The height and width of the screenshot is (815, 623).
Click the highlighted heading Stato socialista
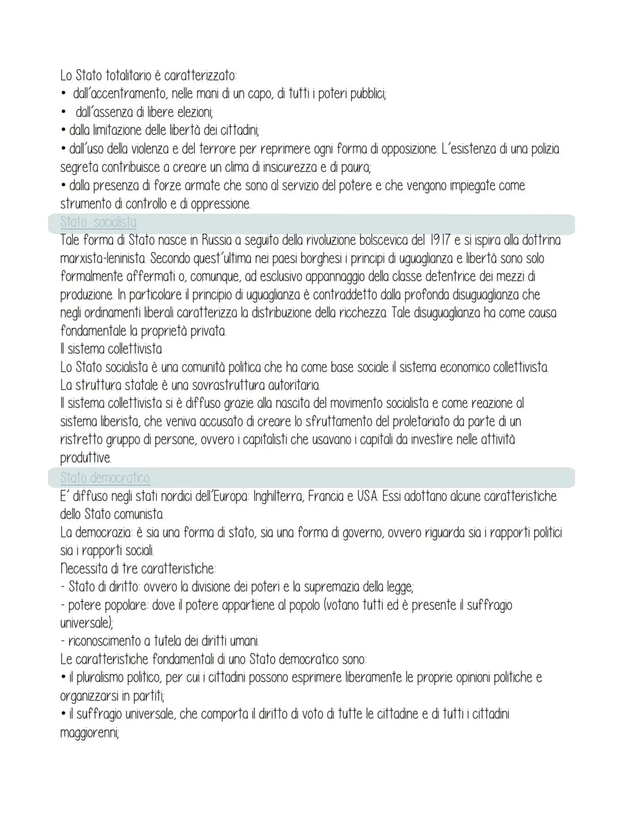pyautogui.click(x=99, y=222)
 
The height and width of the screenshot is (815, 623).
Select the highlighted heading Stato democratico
pyautogui.click(x=105, y=478)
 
